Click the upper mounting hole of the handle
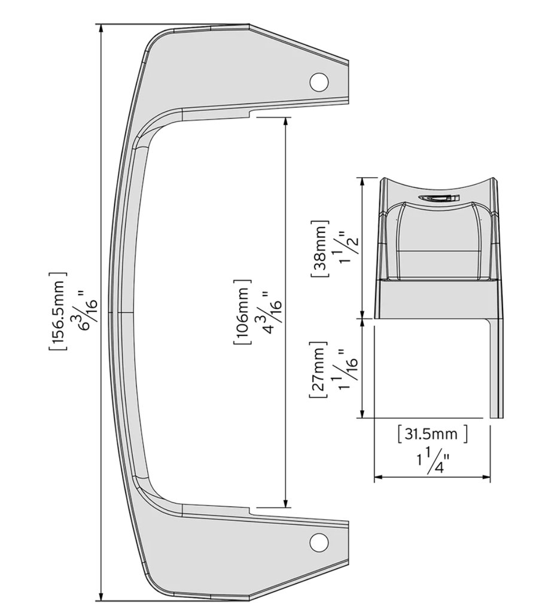pyautogui.click(x=319, y=81)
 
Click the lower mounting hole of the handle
pyautogui.click(x=319, y=542)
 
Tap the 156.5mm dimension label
pyautogui.click(x=58, y=311)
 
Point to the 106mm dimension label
pyautogui.click(x=242, y=312)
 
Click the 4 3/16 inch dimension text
pyautogui.click(x=269, y=312)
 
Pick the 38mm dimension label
pyautogui.click(x=320, y=248)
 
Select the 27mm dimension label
pyautogui.click(x=318, y=370)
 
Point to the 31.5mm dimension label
pyautogui.click(x=432, y=434)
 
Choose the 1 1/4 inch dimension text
pyautogui.click(x=432, y=460)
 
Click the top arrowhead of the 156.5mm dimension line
pyautogui.click(x=101, y=28)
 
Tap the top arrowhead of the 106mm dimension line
pyautogui.click(x=286, y=121)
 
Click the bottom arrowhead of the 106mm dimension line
pyautogui.click(x=286, y=503)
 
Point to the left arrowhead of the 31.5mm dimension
pyautogui.click(x=378, y=477)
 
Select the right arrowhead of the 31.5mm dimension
pyautogui.click(x=486, y=477)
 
